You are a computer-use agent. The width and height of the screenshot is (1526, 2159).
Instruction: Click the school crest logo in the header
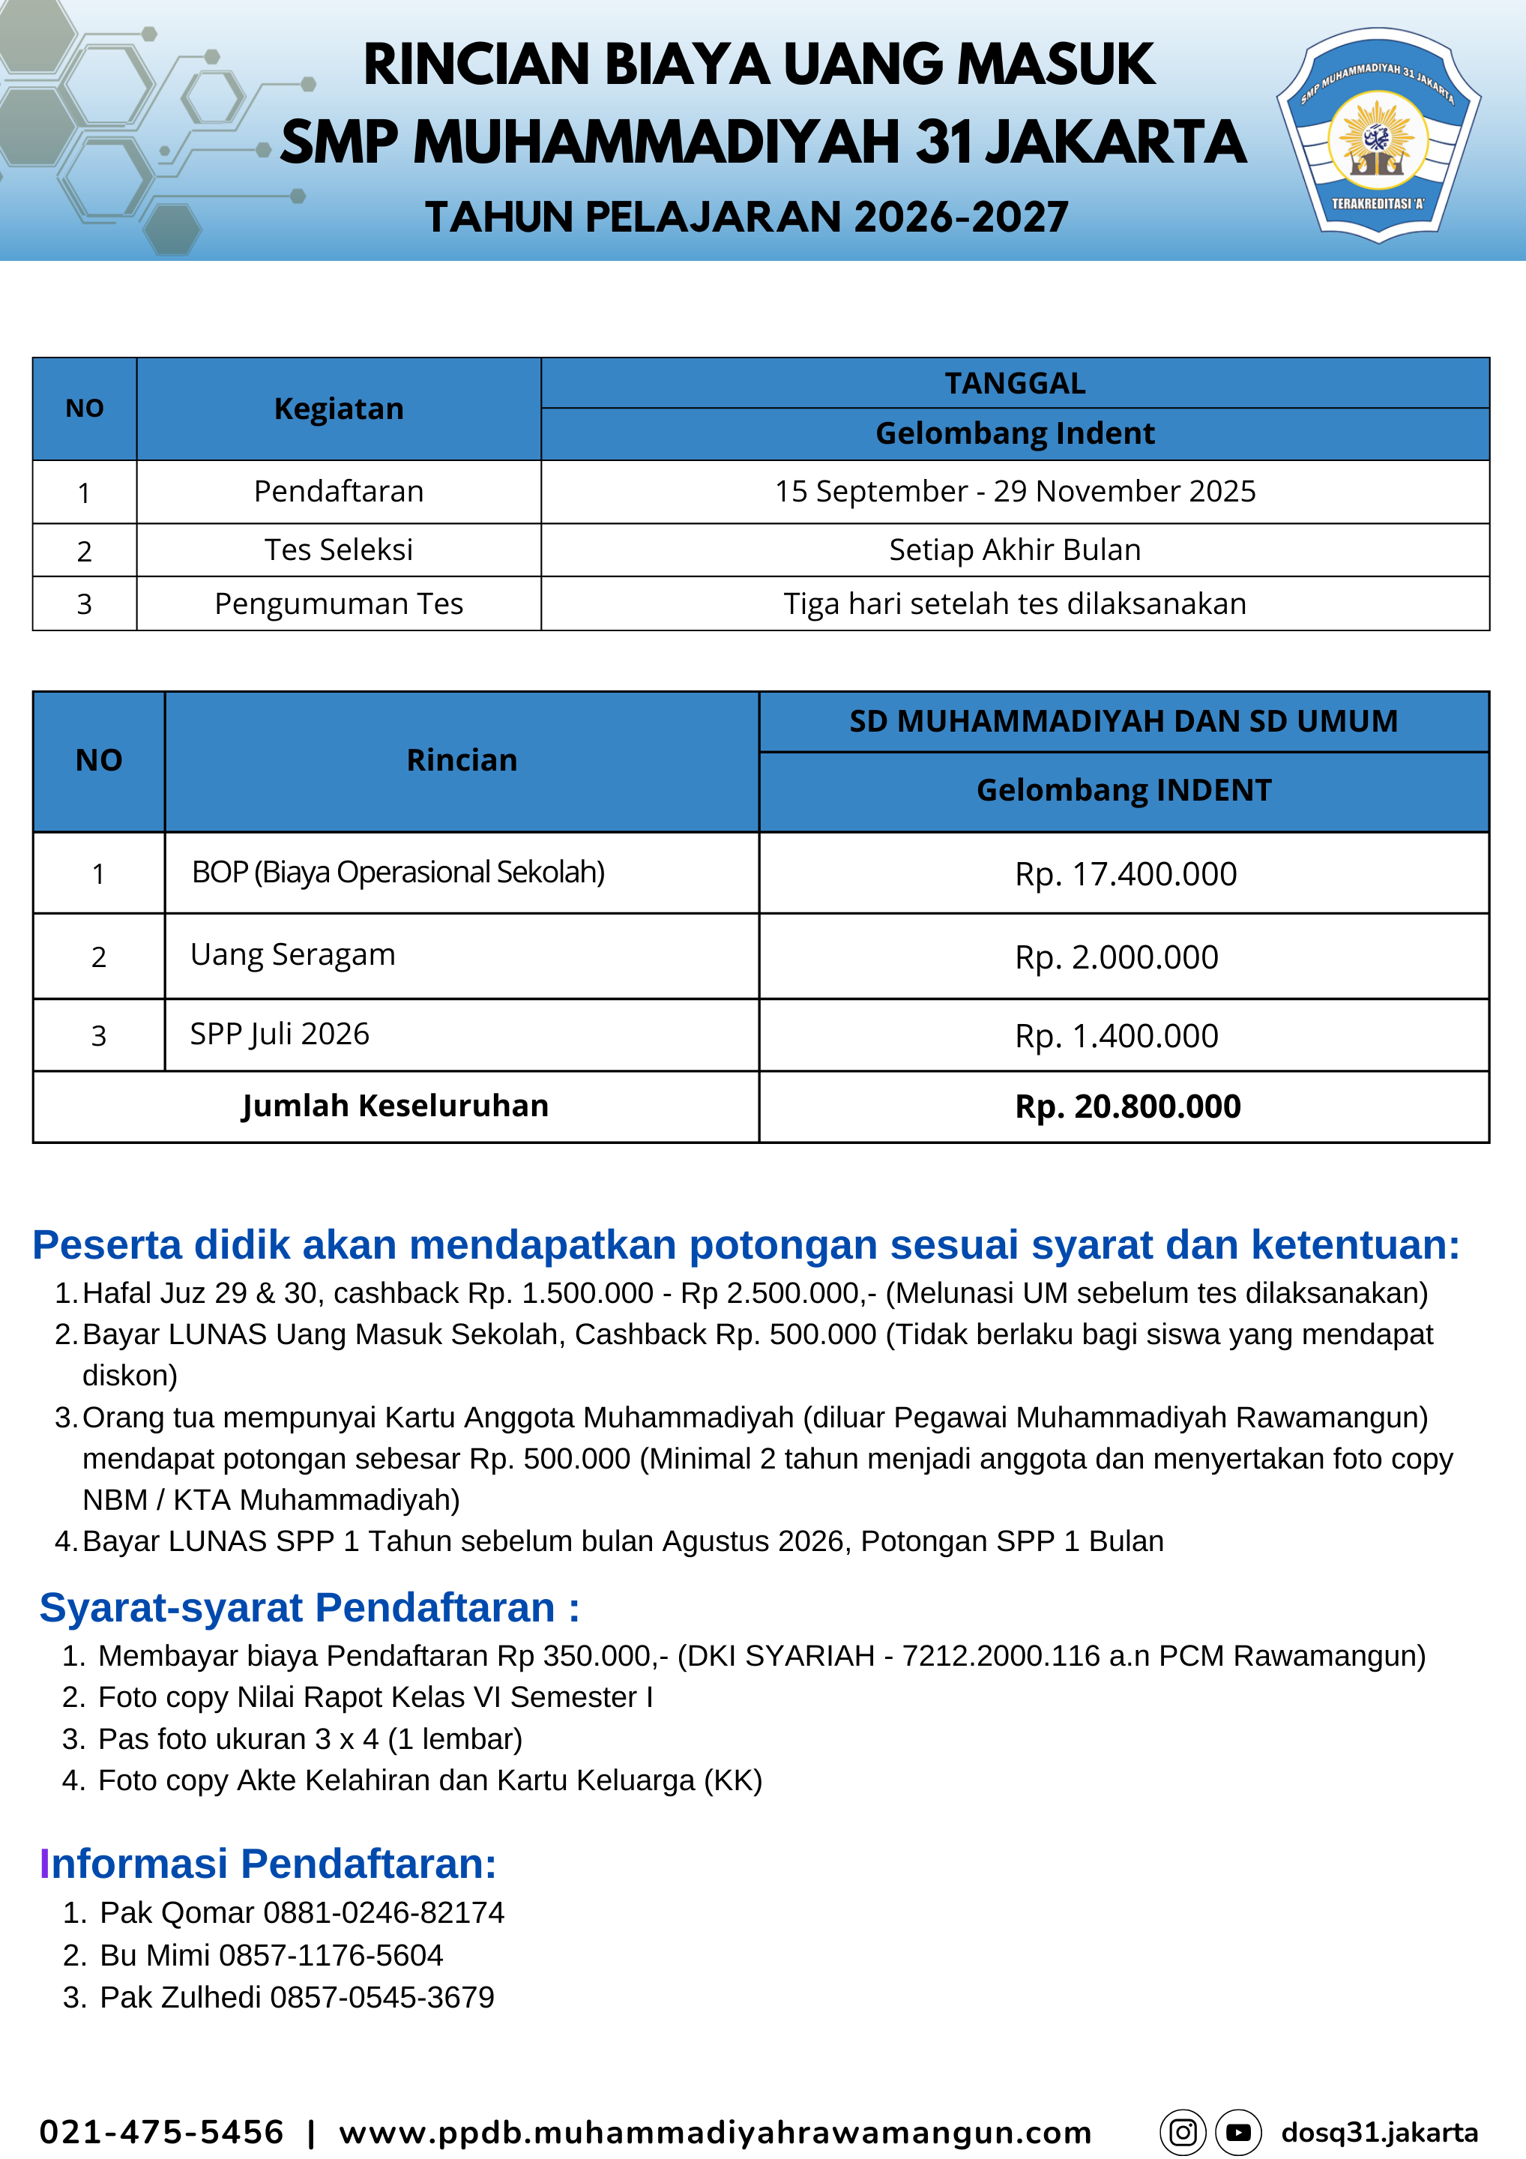pyautogui.click(x=1378, y=136)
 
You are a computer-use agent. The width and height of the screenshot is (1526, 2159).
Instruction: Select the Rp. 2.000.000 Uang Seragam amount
pyautogui.click(x=1116, y=957)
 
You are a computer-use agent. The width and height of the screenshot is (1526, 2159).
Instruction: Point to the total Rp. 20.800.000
pyautogui.click(x=1127, y=1106)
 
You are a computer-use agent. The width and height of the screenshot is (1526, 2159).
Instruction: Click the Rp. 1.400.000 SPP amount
pyautogui.click(x=1116, y=1036)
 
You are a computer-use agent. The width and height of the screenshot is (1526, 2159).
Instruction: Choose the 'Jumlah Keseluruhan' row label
pyautogui.click(x=395, y=1106)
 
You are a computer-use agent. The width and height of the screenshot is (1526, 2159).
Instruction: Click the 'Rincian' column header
pyautogui.click(x=462, y=760)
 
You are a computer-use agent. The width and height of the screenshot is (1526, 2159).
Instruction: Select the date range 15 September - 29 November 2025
pyautogui.click(x=1015, y=492)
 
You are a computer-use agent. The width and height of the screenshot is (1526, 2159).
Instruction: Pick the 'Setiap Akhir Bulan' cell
pyautogui.click(x=1015, y=550)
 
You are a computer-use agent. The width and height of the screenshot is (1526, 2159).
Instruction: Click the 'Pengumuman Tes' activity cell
pyautogui.click(x=339, y=603)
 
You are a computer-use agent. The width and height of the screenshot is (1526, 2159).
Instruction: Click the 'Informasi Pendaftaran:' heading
pyautogui.click(x=268, y=1864)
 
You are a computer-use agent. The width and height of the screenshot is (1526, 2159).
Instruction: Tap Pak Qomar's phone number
pyautogui.click(x=384, y=1912)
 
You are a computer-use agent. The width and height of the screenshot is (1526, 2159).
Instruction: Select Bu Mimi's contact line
pyautogui.click(x=271, y=1955)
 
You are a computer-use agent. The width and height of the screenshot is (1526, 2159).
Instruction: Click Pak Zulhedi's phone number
pyautogui.click(x=381, y=1997)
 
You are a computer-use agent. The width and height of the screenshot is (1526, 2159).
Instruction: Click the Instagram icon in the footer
pyautogui.click(x=1183, y=2132)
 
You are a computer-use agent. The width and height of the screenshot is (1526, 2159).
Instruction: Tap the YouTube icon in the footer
pyautogui.click(x=1238, y=2132)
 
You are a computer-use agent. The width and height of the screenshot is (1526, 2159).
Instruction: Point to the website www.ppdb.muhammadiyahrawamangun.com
pyautogui.click(x=714, y=2132)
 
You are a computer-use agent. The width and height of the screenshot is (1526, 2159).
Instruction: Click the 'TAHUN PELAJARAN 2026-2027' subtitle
pyautogui.click(x=747, y=217)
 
